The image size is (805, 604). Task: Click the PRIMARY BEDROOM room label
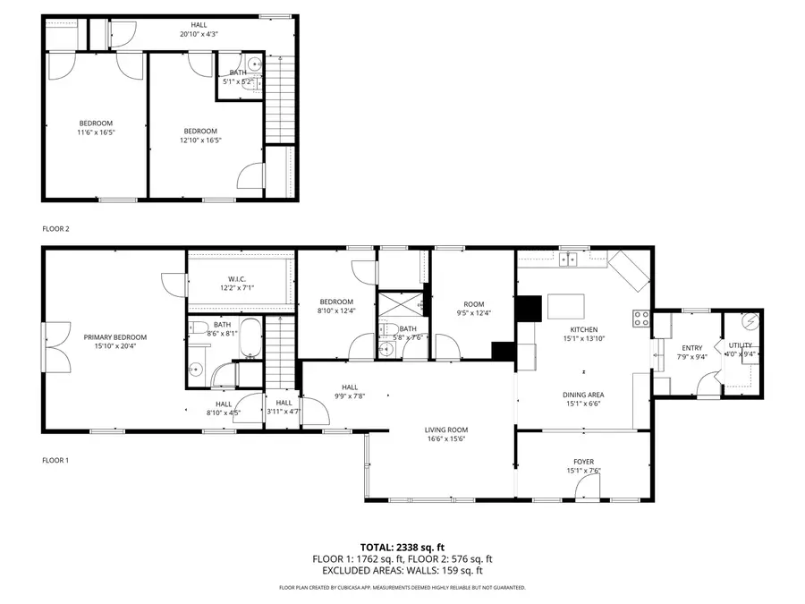tap(114, 337)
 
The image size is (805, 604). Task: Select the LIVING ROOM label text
tap(445, 430)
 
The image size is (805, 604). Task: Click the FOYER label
tap(583, 462)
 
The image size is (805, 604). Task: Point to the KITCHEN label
tap(583, 329)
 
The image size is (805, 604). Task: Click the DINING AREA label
tap(583, 395)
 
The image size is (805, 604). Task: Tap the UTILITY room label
tap(741, 345)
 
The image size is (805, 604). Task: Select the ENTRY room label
tap(692, 348)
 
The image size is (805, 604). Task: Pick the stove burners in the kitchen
tap(641, 317)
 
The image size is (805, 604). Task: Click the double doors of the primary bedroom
tap(55, 347)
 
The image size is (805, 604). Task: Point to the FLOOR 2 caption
tap(55, 229)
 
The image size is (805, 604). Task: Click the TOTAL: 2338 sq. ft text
tap(402, 546)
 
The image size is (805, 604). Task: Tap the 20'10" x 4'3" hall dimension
tap(199, 34)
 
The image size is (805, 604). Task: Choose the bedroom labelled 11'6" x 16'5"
tap(97, 127)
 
